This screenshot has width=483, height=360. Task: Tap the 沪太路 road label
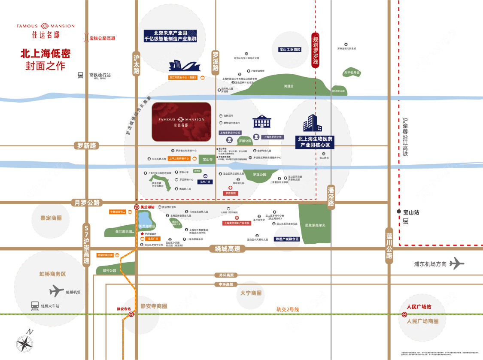point(137,65)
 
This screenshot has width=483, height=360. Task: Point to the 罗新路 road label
point(86,146)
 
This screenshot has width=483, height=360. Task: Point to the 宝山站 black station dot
point(399,212)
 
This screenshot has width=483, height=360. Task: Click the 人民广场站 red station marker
point(405,314)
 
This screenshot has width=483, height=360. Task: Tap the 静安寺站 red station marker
point(131,314)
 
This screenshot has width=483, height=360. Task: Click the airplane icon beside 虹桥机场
point(56,291)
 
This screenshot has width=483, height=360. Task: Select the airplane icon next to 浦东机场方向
point(457,263)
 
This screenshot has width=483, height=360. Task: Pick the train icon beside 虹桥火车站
point(35,306)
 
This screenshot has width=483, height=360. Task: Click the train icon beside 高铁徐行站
point(80,75)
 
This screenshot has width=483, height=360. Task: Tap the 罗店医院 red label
point(231,194)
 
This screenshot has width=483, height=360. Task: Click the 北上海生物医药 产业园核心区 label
point(316,142)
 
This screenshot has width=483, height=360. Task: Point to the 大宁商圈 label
point(251,293)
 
